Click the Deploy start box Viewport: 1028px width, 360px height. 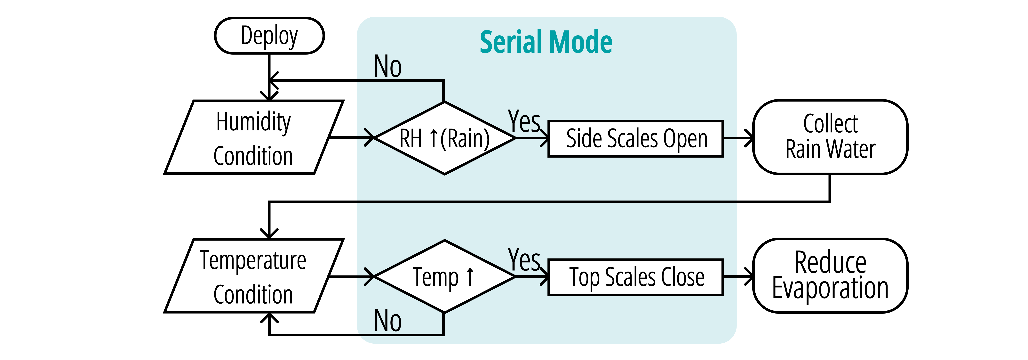coord(269,36)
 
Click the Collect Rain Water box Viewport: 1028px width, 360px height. coord(830,137)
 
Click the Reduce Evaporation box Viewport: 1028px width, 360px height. coord(830,275)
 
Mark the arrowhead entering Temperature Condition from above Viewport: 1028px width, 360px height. coord(269,233)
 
